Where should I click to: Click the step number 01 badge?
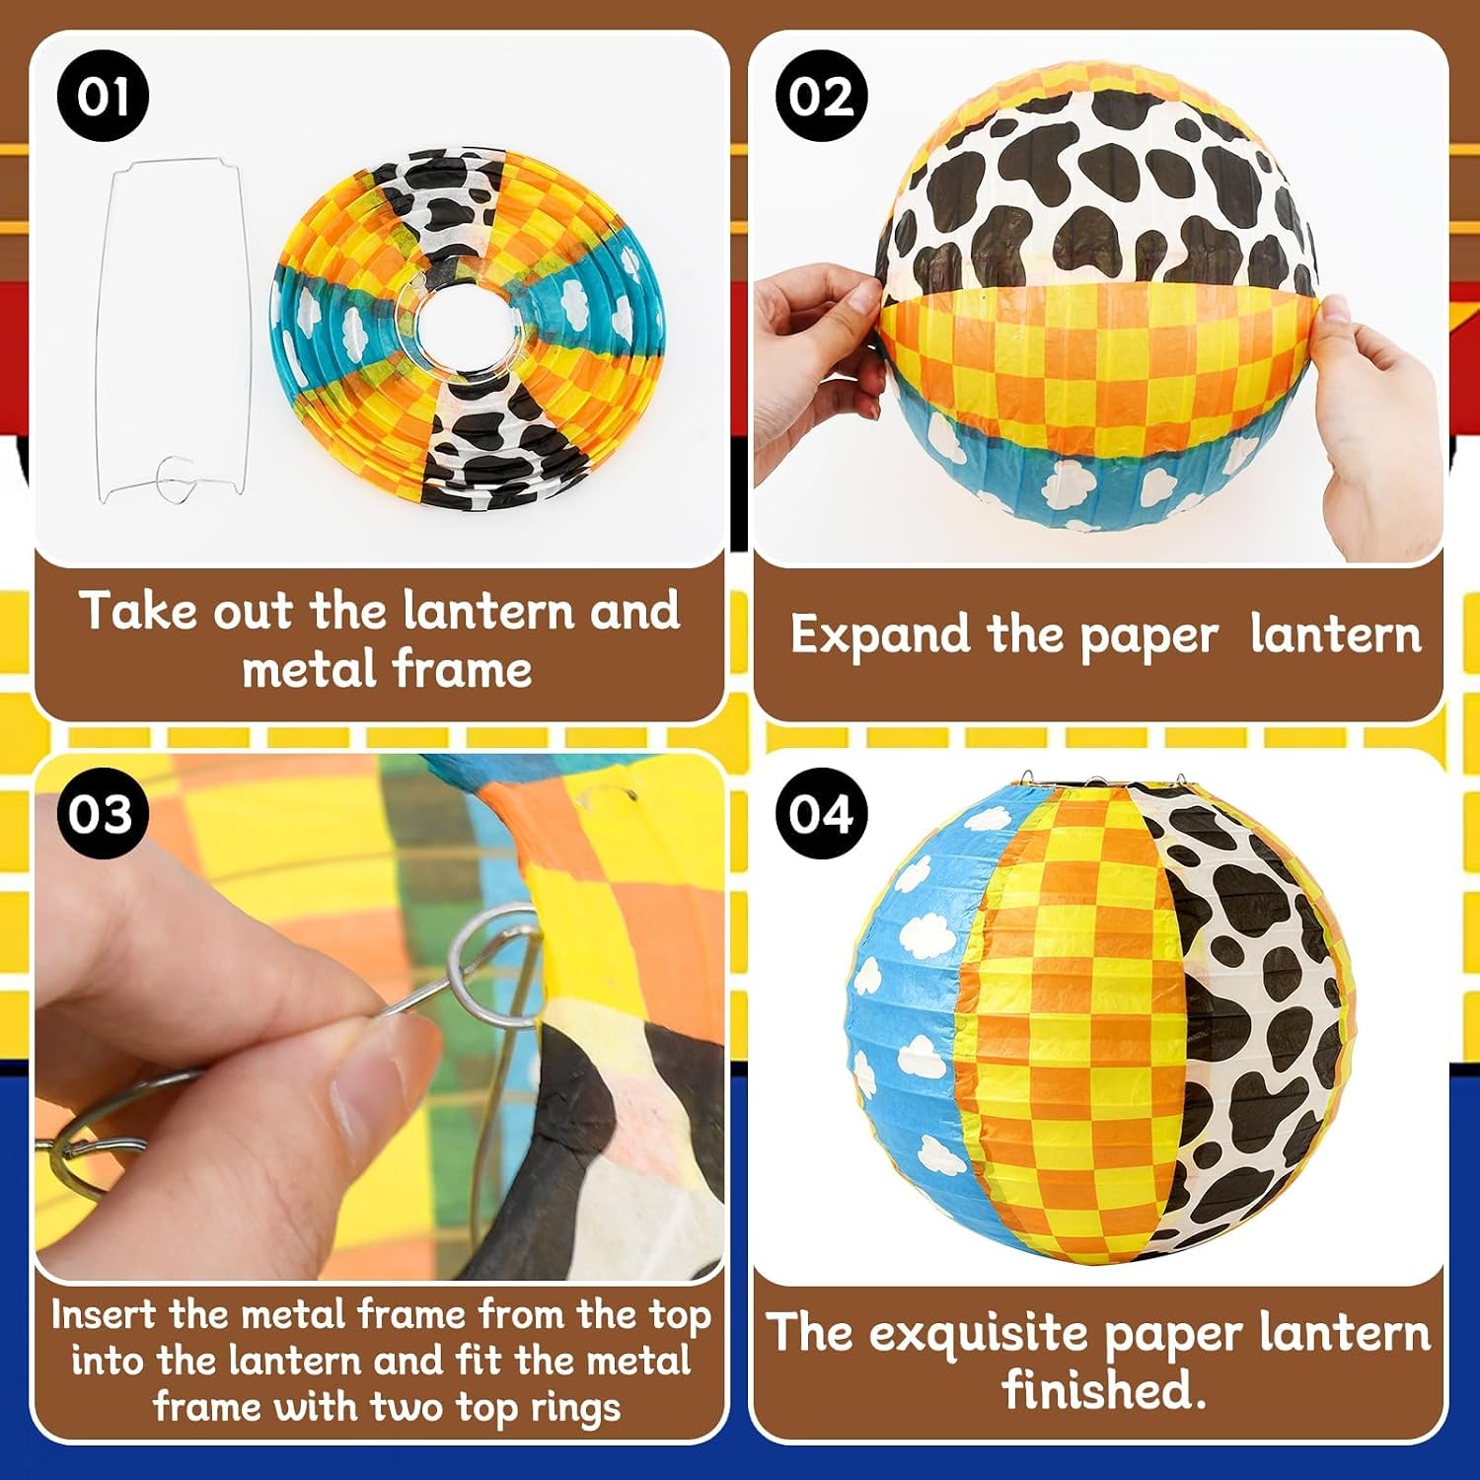pyautogui.click(x=103, y=97)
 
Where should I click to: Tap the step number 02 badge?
pyautogui.click(x=821, y=97)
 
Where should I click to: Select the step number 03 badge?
pyautogui.click(x=103, y=814)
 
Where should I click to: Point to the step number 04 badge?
pyautogui.click(x=821, y=814)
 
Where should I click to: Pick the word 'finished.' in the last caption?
pyautogui.click(x=1104, y=1390)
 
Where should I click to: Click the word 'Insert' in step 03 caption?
pyautogui.click(x=104, y=1314)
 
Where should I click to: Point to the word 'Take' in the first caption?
pyautogui.click(x=138, y=611)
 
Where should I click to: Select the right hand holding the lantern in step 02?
pyautogui.click(x=1381, y=414)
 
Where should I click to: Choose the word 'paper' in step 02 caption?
pyautogui.click(x=1149, y=638)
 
